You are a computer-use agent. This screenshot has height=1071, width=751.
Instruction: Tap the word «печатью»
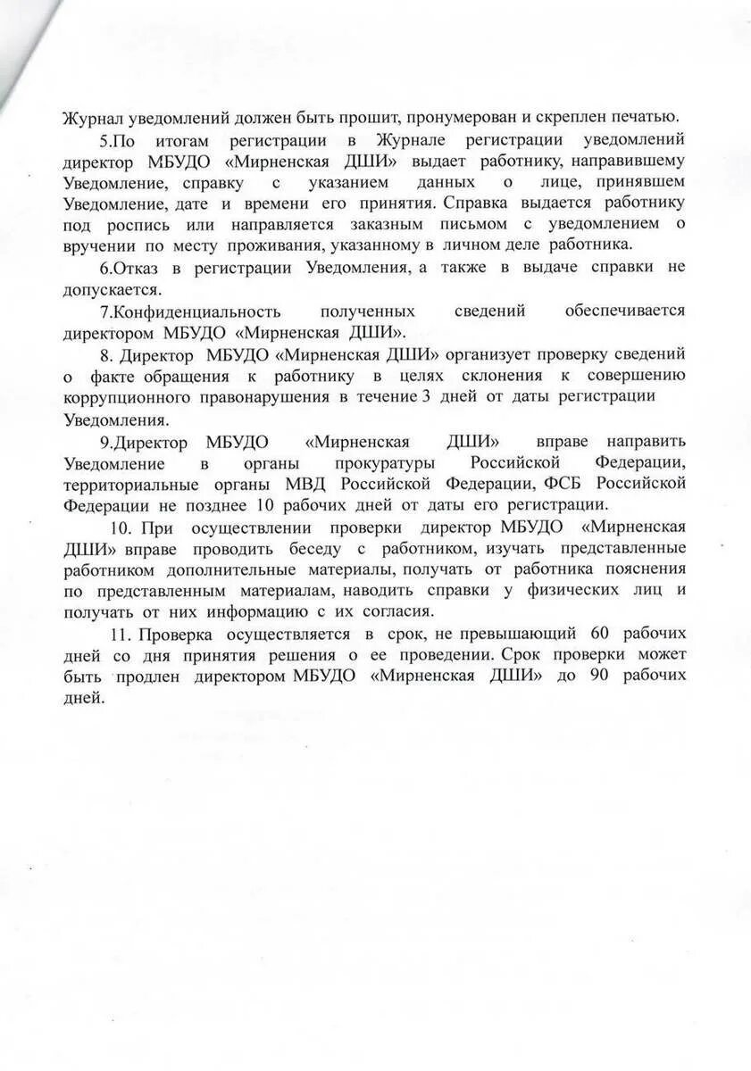coord(640,117)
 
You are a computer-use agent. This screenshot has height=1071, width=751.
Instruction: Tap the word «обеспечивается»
coord(624,311)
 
